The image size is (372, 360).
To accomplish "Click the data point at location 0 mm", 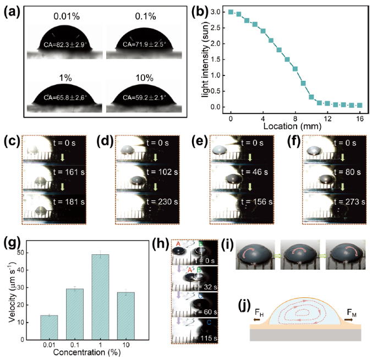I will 231,12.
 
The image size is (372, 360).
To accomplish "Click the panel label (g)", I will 12,243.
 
